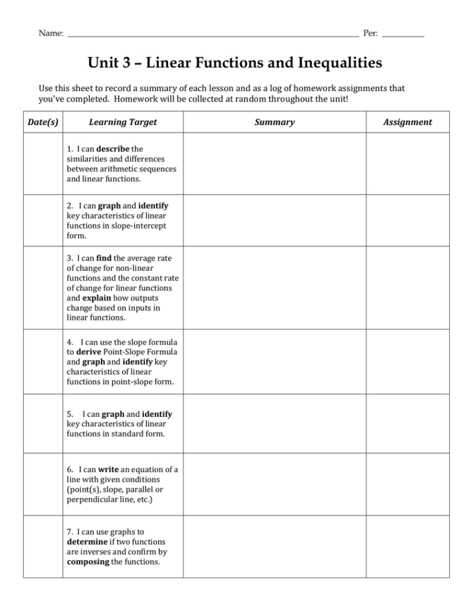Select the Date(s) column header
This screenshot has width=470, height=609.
43,122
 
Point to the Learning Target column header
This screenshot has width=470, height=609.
123,122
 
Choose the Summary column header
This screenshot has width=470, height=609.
274,122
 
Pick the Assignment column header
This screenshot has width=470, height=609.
407,122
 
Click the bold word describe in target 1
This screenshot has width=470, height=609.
113,149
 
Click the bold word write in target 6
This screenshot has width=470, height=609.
108,470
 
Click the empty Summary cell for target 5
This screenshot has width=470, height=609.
274,424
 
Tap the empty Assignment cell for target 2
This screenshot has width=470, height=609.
407,220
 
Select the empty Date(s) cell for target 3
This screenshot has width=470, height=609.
43,288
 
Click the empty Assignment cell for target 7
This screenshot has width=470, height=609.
407,547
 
